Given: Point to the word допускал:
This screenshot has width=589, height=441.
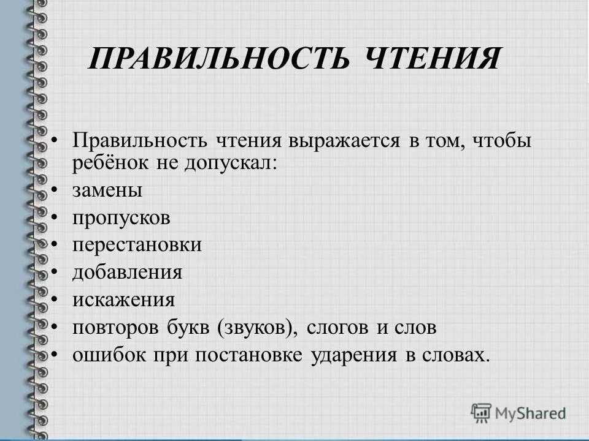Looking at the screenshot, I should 230,164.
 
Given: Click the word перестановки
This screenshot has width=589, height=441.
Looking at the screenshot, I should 136,245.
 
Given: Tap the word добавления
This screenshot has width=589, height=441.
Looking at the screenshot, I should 127,273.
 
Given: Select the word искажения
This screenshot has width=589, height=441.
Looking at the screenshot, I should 123,300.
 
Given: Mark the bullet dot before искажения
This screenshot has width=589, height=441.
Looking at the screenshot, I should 56,300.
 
